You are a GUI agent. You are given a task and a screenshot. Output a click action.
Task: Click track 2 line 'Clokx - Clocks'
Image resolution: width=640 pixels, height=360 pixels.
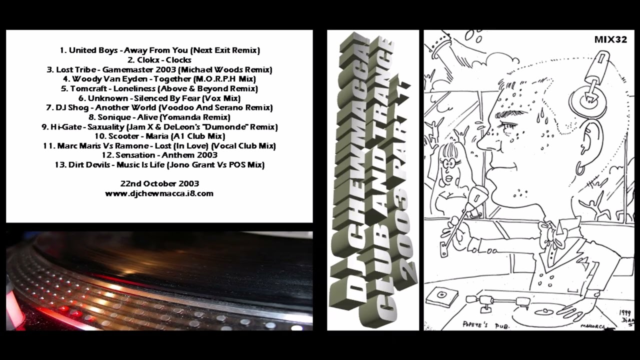[159, 60]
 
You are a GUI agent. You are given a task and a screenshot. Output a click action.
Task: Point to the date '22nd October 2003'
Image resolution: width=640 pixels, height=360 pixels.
[159, 183]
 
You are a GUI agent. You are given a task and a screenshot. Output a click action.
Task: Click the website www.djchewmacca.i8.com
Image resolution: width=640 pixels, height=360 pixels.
[159, 193]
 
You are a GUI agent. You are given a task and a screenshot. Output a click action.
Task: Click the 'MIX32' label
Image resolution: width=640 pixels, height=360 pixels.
[610, 39]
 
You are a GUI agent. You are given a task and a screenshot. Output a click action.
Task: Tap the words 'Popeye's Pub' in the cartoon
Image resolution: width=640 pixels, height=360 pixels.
[485, 325]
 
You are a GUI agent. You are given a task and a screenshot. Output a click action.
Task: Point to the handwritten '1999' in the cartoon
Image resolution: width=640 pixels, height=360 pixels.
[625, 312]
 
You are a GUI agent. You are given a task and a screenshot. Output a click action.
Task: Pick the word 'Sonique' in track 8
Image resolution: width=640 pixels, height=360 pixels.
[114, 117]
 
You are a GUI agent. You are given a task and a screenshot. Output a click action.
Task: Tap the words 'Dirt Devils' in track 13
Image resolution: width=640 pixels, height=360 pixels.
[89, 165]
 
